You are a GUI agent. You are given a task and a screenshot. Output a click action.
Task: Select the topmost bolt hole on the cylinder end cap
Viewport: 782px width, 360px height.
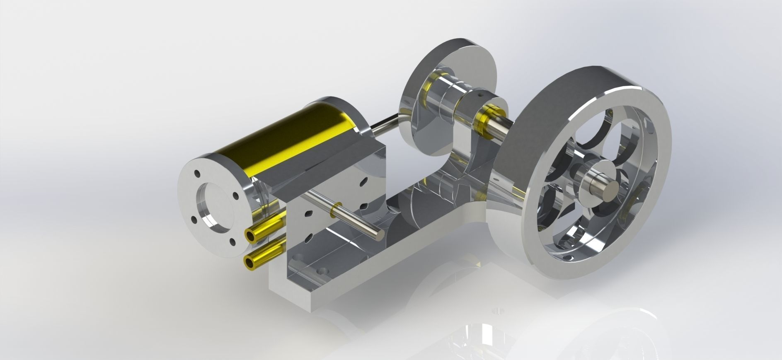(198, 174)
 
